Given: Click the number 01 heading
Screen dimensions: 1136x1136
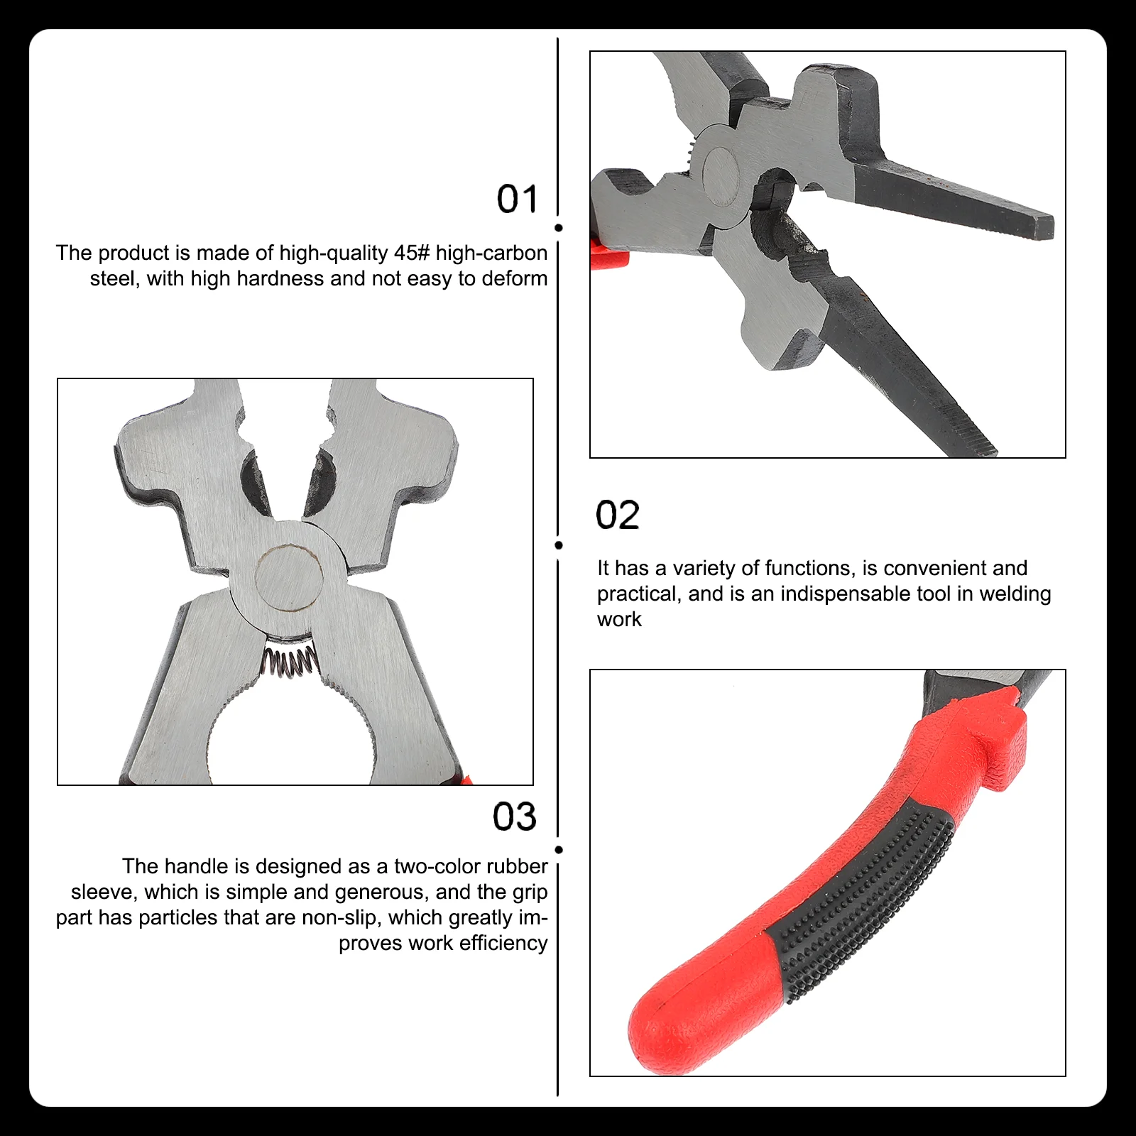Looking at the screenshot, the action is point(517,199).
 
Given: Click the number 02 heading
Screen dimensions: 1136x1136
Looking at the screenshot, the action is point(617,515).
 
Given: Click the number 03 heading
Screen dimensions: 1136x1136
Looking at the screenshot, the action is point(515,816).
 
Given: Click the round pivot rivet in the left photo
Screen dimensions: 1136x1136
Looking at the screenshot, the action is point(289,578).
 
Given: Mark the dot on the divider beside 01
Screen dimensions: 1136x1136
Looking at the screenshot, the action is point(559,228).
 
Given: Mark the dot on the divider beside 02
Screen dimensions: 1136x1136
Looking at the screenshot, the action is point(559,545).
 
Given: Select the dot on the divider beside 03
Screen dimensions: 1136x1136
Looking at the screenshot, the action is point(559,850).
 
